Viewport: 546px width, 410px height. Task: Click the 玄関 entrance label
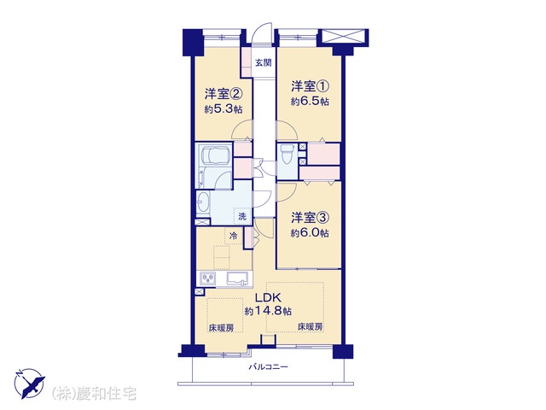click(264, 63)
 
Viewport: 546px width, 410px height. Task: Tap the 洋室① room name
click(311, 86)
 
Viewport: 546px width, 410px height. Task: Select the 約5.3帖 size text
click(224, 109)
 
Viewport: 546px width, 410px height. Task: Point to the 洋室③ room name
click(310, 218)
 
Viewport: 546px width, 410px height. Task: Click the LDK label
click(268, 298)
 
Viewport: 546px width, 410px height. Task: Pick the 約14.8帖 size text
click(268, 311)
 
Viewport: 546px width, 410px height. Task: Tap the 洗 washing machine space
click(242, 216)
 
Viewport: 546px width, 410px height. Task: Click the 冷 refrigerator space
click(234, 236)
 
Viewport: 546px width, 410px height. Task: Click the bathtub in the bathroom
click(214, 155)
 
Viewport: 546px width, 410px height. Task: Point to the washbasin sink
click(202, 202)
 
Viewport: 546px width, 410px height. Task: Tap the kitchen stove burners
click(208, 278)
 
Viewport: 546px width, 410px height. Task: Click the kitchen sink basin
click(240, 279)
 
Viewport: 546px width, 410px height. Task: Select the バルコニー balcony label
click(268, 366)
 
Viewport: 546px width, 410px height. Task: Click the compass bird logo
click(30, 383)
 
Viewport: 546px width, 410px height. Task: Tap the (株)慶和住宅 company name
click(94, 394)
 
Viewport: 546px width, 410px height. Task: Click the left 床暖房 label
click(221, 328)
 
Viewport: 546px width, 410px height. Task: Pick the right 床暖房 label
click(310, 327)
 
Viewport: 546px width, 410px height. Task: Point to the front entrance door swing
click(262, 34)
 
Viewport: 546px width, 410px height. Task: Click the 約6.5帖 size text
click(310, 102)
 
